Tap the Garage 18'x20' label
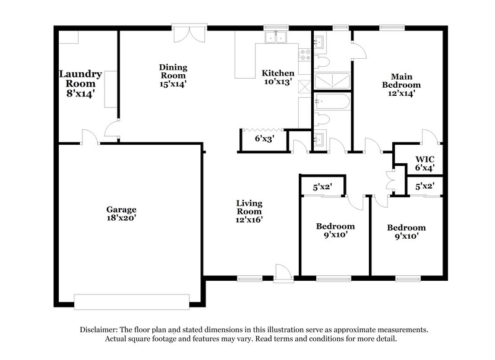(x=121, y=213)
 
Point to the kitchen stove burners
(x=304, y=55)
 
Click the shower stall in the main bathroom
(x=332, y=81)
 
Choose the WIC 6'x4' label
(x=424, y=162)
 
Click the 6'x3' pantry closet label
(x=264, y=139)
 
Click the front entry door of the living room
(x=283, y=272)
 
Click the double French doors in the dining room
(x=186, y=34)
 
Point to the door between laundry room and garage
(x=89, y=137)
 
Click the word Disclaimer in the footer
(x=99, y=330)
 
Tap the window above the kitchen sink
(x=272, y=27)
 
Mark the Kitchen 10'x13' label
(x=278, y=77)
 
